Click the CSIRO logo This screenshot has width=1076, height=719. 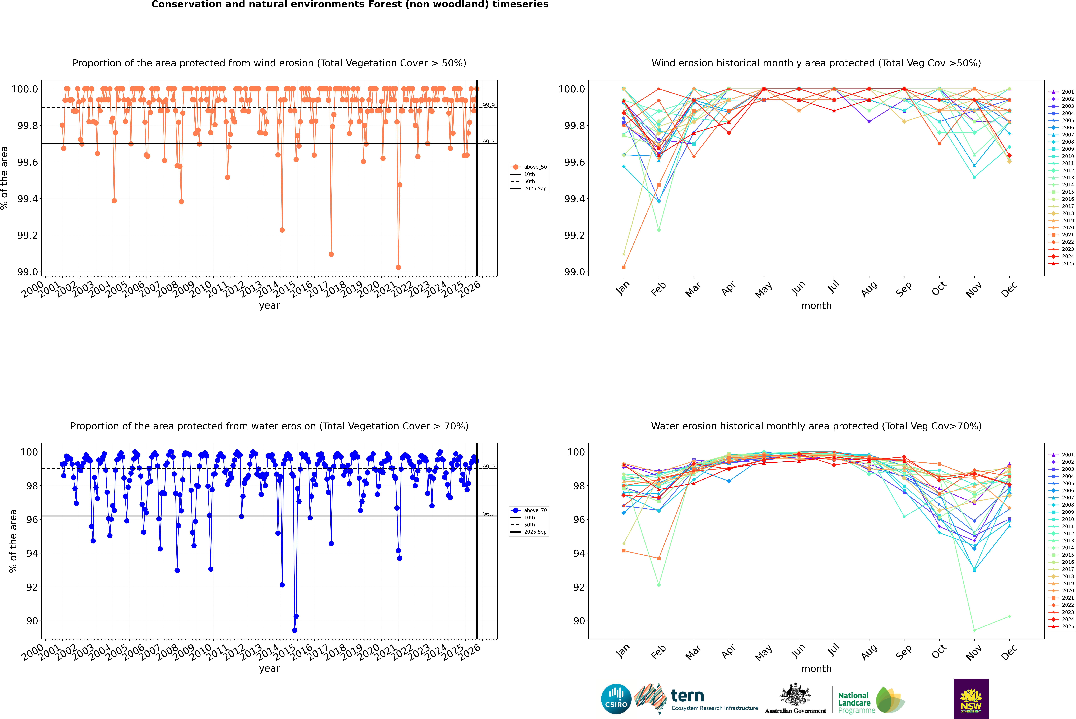pos(616,699)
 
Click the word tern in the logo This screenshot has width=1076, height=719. pos(687,696)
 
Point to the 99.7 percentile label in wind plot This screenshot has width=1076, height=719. pos(488,142)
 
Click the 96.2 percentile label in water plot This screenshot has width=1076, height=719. pos(488,514)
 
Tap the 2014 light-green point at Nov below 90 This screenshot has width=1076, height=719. pos(974,630)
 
